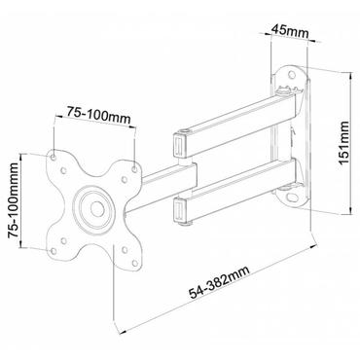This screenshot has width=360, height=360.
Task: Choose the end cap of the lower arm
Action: pyautogui.click(x=180, y=209)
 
